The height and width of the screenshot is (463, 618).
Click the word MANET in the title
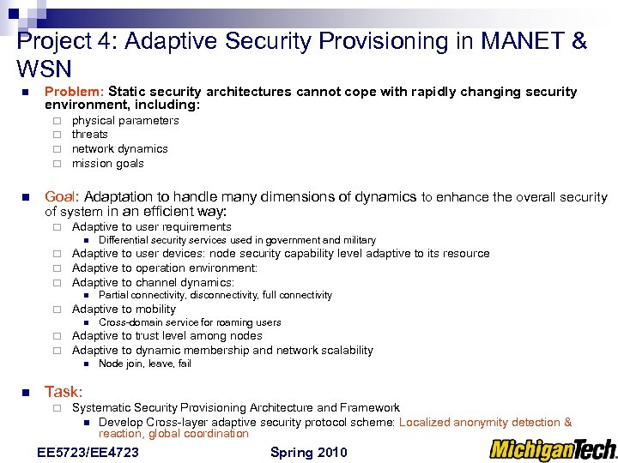(514, 41)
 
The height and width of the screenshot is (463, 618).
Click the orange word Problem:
(75, 92)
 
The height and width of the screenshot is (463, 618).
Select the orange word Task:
(63, 391)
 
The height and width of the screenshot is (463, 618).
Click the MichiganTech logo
(553, 450)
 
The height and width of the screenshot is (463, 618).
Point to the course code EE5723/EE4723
(88, 453)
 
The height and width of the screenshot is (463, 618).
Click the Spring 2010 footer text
(309, 453)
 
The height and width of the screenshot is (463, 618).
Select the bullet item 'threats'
(89, 135)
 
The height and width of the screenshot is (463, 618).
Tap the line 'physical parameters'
(125, 121)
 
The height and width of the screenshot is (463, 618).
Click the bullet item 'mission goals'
(107, 164)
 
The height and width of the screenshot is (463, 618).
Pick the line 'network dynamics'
(119, 149)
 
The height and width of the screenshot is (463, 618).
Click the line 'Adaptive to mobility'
(124, 310)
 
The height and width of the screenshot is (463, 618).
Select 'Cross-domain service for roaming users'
(190, 323)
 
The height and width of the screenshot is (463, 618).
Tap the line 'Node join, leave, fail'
(145, 364)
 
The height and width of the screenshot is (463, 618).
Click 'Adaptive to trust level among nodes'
(167, 336)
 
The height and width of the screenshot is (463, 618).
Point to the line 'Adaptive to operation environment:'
(165, 268)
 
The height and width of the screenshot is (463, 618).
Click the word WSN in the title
(44, 69)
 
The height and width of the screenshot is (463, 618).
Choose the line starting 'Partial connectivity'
(215, 295)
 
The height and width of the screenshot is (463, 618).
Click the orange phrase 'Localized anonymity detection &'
(485, 422)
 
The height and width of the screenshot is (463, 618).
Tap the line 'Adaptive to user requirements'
(151, 227)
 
